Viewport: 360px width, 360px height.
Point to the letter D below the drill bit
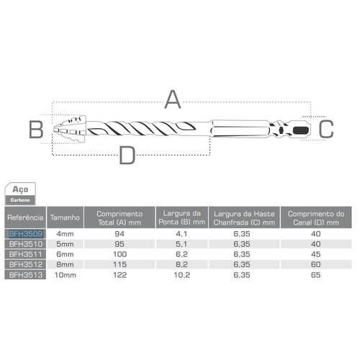coord(127,154)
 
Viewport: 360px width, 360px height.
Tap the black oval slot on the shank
coord(300,130)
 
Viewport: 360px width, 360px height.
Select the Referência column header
coord(25,217)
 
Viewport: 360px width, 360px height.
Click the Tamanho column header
coord(66,217)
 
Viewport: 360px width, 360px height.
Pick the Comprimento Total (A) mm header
coord(120,217)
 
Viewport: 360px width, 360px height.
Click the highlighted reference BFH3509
coord(25,233)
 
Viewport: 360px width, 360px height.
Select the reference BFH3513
coord(25,274)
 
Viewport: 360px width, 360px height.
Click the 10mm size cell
coord(66,274)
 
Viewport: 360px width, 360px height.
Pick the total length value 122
coord(120,274)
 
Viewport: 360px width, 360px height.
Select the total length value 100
coord(120,253)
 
